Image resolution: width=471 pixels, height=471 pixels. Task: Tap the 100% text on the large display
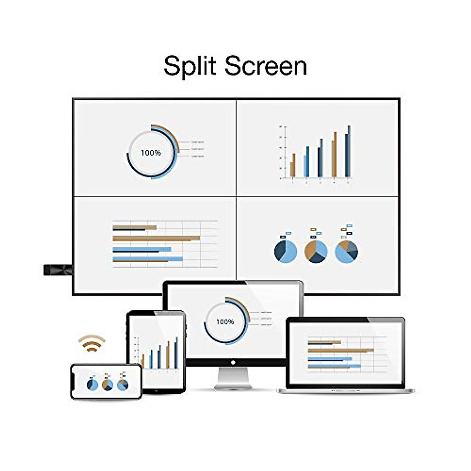[151, 153]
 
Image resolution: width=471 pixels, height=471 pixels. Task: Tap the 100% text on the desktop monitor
[225, 322]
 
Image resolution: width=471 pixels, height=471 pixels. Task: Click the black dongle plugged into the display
[57, 270]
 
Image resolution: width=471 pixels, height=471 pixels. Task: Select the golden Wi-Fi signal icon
[91, 343]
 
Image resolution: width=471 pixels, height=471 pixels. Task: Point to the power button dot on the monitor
[233, 363]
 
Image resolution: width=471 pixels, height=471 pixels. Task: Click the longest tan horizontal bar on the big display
[156, 238]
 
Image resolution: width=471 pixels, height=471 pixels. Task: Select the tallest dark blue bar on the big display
[349, 151]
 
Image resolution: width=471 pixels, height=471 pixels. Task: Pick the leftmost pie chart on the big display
[285, 251]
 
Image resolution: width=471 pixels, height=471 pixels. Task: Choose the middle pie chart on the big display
[316, 251]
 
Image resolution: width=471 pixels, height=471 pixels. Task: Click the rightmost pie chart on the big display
[347, 251]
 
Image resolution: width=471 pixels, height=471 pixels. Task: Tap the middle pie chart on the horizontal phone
[107, 385]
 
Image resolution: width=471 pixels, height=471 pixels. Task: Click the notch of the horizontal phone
[73, 381]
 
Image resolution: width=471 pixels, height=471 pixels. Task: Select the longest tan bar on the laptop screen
[341, 350]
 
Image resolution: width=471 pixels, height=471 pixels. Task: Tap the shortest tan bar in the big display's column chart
[291, 169]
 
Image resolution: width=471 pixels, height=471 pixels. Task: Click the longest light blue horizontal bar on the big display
[148, 259]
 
